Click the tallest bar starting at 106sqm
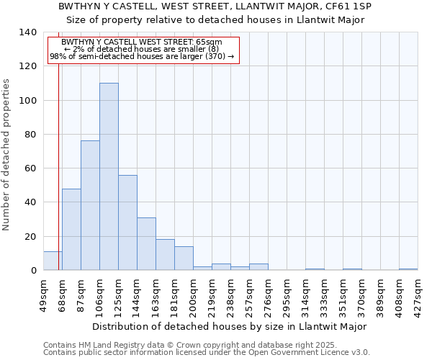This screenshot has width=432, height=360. tap(109, 176)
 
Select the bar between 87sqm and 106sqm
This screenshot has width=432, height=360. tap(90, 205)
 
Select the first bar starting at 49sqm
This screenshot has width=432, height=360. tap(53, 261)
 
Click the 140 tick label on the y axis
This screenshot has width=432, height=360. tap(27, 32)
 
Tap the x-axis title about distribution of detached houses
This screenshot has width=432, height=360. tap(230, 326)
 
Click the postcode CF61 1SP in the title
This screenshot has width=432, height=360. tap(348, 6)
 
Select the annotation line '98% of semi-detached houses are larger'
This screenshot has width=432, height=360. tap(142, 56)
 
